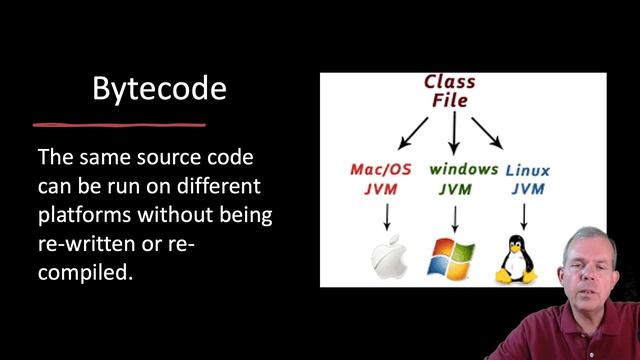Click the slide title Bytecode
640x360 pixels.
point(159,88)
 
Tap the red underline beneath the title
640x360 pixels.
point(119,125)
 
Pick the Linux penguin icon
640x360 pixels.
point(517,259)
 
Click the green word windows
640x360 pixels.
point(463,169)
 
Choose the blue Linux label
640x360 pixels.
point(527,170)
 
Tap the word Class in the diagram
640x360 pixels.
point(449,81)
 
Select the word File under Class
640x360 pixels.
point(449,100)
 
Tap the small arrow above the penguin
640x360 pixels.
point(523,215)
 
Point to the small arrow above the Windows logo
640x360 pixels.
point(456,216)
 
